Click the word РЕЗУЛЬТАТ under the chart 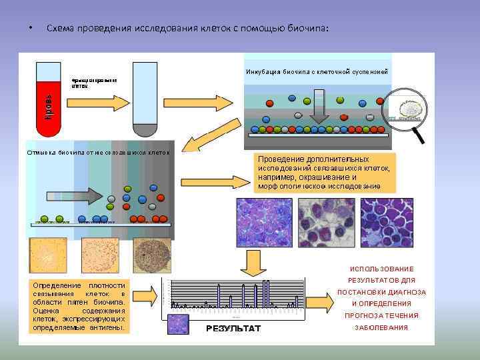click(x=233, y=329)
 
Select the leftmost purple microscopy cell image click(x=262, y=223)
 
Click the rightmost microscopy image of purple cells click(x=387, y=223)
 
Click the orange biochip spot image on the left click(x=48, y=255)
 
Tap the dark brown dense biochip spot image click(x=152, y=255)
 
